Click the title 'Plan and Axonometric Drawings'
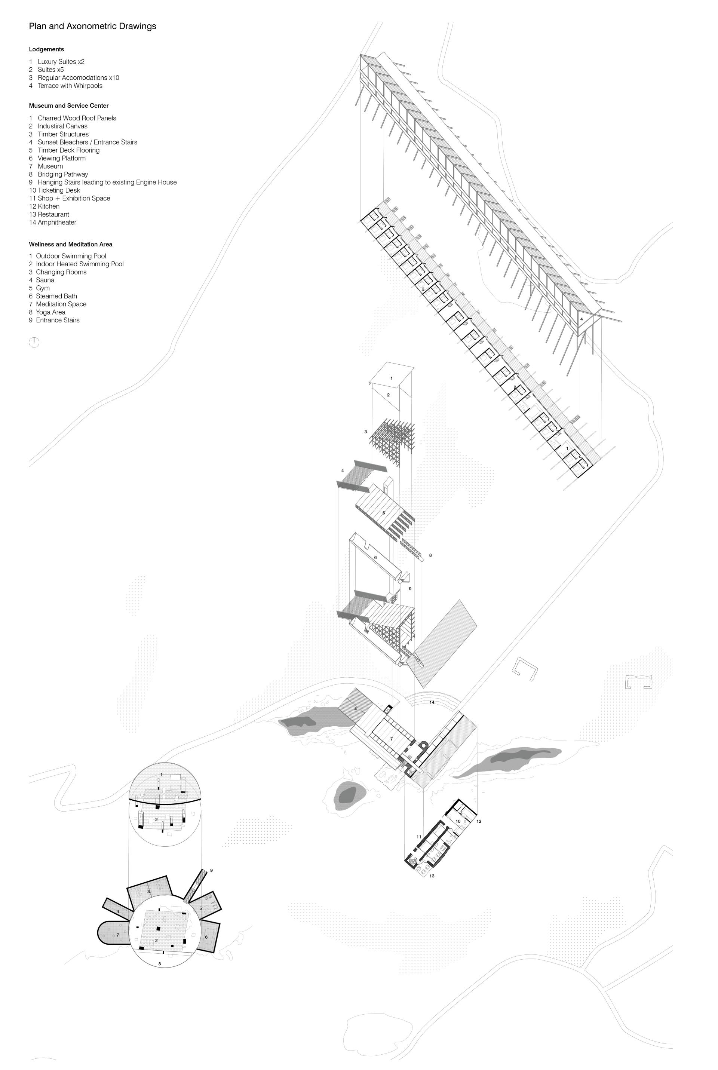92,26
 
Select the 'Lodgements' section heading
46,49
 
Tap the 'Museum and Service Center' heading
69,106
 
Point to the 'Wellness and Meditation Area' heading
71,245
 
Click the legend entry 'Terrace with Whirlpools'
70,86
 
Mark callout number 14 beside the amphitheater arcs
432,702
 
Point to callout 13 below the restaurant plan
432,876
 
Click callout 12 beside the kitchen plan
479,821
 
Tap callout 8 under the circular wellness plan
159,964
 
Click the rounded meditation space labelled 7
114,935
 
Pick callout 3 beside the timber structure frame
365,432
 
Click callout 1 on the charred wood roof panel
392,378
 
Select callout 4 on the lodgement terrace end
582,319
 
